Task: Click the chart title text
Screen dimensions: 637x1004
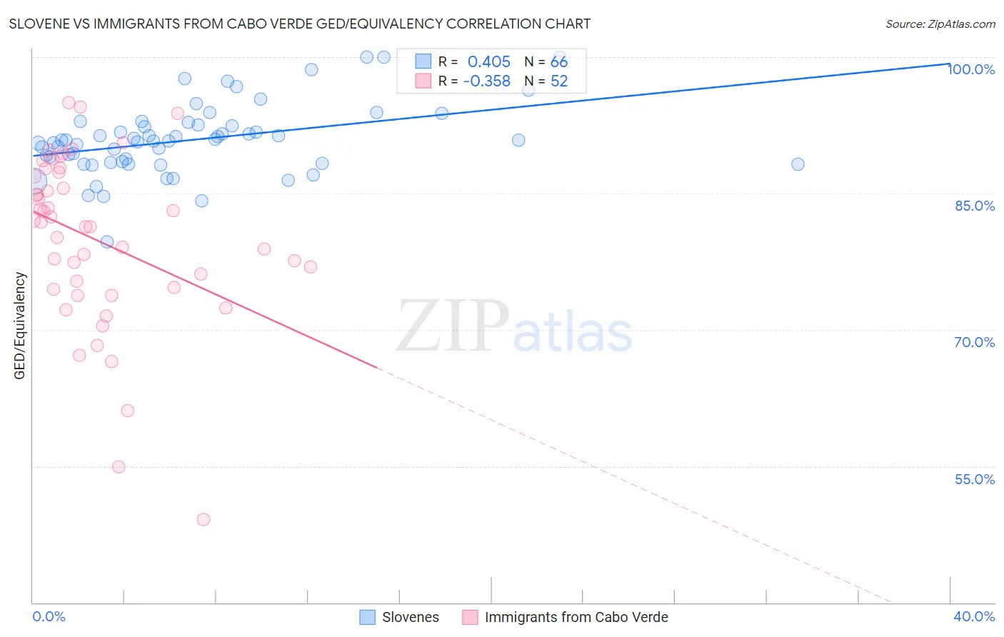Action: [x=300, y=24]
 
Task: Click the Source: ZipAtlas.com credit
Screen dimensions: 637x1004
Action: [x=940, y=24]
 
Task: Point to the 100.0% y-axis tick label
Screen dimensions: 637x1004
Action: [x=972, y=69]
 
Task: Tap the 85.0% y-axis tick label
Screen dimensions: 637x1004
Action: [x=975, y=206]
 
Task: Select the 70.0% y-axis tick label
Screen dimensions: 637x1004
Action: [x=975, y=342]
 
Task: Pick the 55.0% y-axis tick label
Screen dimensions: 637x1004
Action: [x=975, y=479]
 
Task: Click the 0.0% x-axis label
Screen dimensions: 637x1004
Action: [x=49, y=616]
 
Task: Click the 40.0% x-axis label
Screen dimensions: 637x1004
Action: [x=974, y=616]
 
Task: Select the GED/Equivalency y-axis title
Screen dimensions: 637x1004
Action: [x=20, y=326]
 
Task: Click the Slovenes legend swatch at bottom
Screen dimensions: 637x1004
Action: [x=367, y=617]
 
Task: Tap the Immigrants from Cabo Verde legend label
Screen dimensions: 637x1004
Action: [x=576, y=617]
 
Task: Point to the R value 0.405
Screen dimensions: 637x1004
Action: [x=489, y=62]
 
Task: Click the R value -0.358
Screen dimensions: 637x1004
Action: [x=486, y=81]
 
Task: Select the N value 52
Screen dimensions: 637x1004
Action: [x=559, y=81]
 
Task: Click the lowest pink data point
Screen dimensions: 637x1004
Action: [x=204, y=519]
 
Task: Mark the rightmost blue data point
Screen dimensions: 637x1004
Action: [x=798, y=164]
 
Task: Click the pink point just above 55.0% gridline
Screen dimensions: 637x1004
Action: [x=119, y=467]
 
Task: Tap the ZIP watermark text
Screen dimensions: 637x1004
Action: [x=453, y=326]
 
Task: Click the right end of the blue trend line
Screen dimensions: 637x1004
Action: [x=949, y=64]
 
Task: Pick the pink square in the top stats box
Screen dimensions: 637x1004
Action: [x=423, y=81]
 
